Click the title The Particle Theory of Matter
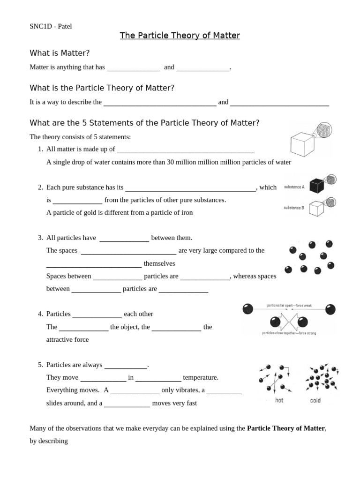point(180,36)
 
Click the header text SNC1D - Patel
point(51,26)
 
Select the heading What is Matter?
point(60,53)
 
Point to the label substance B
point(294,208)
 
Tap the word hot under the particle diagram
point(279,400)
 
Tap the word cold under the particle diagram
point(315,400)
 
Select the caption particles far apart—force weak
point(289,305)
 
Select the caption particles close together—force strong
point(289,333)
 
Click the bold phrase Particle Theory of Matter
point(285,428)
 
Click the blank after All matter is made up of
point(185,150)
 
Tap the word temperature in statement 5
point(201,377)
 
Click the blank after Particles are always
point(126,365)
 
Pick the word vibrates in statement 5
point(187,390)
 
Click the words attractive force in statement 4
point(67,339)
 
